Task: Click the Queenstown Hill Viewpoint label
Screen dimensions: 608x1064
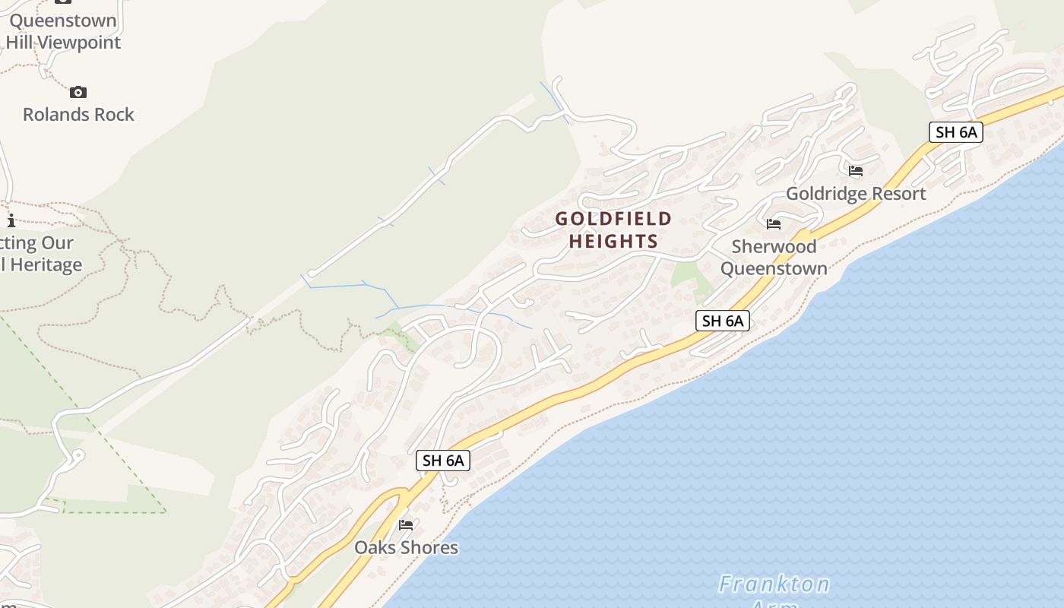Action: tap(64, 31)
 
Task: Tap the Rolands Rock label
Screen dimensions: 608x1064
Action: tap(78, 115)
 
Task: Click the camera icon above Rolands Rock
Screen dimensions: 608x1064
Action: tap(78, 93)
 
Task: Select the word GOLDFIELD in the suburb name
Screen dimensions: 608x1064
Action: tap(613, 219)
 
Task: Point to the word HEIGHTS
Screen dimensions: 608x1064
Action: tap(613, 242)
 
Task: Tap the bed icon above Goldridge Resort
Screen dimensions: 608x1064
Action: tap(856, 171)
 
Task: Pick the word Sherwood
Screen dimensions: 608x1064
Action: tap(774, 246)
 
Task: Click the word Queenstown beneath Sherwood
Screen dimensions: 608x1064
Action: tap(774, 268)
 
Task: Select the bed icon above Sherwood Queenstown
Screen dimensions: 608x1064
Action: tap(774, 224)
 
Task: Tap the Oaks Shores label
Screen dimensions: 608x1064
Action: tap(407, 547)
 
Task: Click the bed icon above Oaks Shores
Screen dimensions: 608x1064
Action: tap(406, 524)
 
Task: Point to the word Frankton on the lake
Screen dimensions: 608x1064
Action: tap(774, 584)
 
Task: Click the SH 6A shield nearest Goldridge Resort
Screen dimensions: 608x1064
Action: tap(955, 132)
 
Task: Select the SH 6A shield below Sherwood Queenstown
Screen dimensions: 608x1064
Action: tap(722, 321)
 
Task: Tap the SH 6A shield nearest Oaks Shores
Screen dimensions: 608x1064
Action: tap(443, 460)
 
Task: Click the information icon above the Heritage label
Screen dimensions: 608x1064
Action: tap(11, 221)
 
